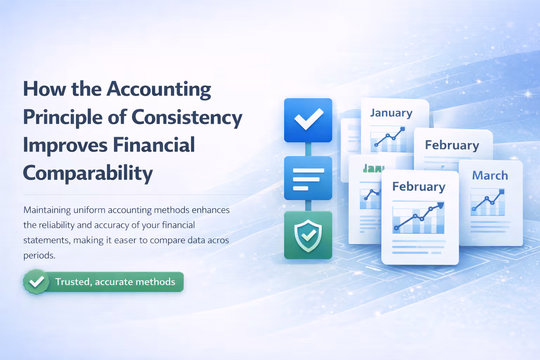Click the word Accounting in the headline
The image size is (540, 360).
click(159, 89)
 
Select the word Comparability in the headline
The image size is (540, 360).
click(88, 173)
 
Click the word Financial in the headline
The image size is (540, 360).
click(154, 145)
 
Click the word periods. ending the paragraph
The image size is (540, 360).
click(39, 255)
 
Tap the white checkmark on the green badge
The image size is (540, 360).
click(36, 282)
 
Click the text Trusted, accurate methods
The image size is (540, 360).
click(115, 282)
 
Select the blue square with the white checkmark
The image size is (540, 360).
click(308, 120)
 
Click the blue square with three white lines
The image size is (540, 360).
click(308, 178)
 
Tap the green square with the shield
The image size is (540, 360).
click(308, 235)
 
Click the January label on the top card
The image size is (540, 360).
click(391, 113)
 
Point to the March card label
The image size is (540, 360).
click(490, 175)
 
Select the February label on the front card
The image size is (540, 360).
click(419, 186)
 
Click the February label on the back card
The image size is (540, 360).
click(452, 145)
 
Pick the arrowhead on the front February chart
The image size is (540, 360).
click(440, 205)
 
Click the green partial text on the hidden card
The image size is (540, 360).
click(373, 169)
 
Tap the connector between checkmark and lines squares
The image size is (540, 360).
click(308, 149)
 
